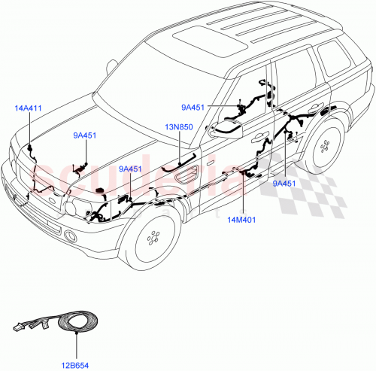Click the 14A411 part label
click(29, 108)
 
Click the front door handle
click(262, 138)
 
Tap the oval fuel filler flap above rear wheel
click(329, 112)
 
